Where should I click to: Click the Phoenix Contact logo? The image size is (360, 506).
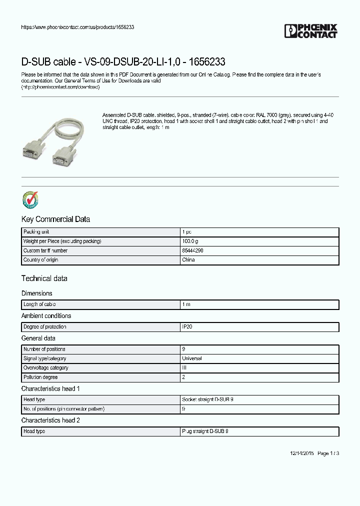[x=311, y=31]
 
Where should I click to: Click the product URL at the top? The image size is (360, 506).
[x=77, y=27]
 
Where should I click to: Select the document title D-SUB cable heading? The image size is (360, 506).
[x=123, y=62]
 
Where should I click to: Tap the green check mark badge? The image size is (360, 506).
[x=30, y=199]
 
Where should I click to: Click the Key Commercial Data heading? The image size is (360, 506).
[x=55, y=219]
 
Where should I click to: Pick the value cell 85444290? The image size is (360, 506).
[x=192, y=250]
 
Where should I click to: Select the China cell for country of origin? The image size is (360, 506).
[x=188, y=260]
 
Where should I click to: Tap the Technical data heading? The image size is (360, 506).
[x=44, y=278]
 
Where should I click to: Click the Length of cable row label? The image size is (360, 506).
[x=39, y=304]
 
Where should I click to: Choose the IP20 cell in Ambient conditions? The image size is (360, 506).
[x=187, y=327]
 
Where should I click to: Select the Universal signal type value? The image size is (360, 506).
[x=192, y=358]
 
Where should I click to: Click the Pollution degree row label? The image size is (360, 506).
[x=40, y=377]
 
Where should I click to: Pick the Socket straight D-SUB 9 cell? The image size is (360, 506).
[x=207, y=400]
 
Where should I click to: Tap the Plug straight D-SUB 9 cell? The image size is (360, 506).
[x=205, y=431]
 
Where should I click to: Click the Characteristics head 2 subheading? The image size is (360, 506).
[x=50, y=420]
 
